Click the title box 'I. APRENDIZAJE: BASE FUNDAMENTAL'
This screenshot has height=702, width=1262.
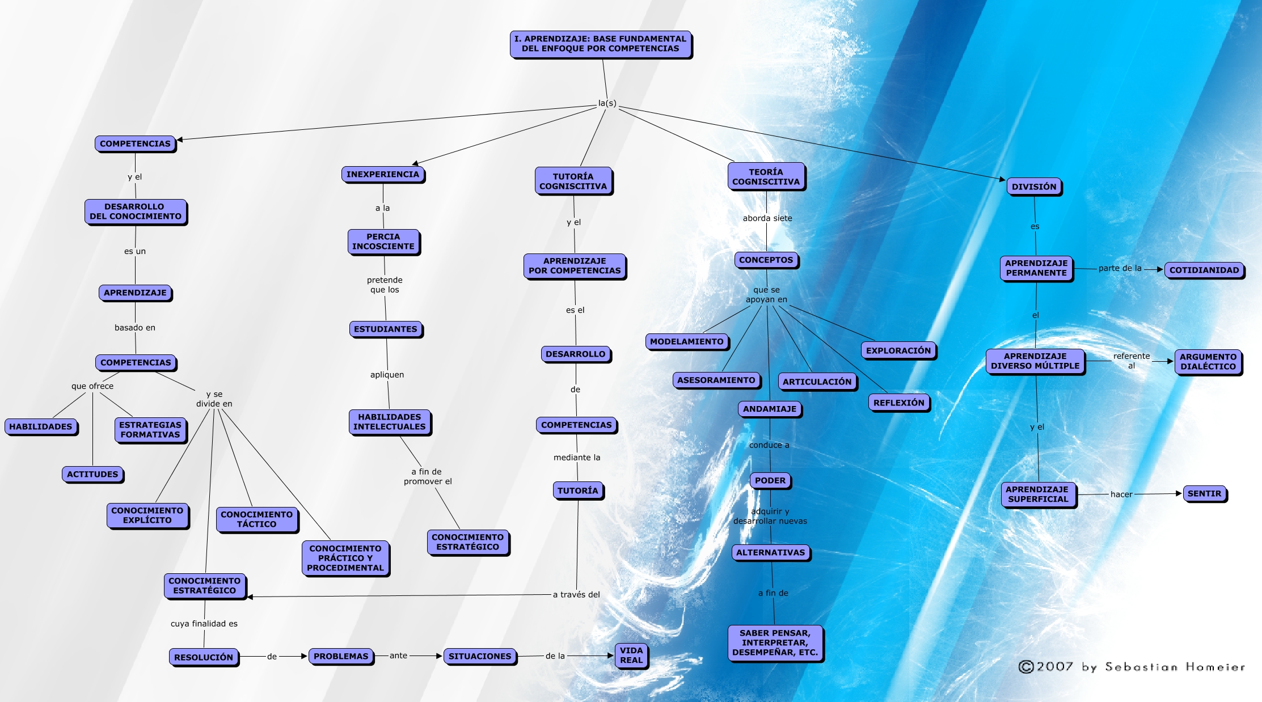[x=600, y=44]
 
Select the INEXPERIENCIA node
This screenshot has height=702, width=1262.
[x=382, y=174]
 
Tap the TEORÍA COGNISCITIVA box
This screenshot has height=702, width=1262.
[x=766, y=176]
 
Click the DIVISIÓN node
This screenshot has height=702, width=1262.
[x=1033, y=187]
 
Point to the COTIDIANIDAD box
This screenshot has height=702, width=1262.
[x=1204, y=270]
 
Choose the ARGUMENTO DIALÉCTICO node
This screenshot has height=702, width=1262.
[x=1208, y=362]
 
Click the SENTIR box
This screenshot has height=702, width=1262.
[x=1204, y=493]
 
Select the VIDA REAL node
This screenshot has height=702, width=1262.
[x=631, y=656]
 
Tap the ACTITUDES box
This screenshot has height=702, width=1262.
[x=92, y=474]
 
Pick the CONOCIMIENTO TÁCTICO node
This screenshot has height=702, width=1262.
[x=256, y=519]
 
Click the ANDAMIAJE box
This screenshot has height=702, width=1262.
[x=769, y=409]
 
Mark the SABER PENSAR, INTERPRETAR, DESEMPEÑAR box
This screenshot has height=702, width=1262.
[x=775, y=642]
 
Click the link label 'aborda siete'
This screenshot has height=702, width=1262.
[x=767, y=218]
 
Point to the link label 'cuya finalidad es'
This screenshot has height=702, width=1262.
[x=204, y=624]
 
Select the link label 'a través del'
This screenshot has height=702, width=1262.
[x=576, y=594]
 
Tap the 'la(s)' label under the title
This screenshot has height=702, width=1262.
[x=607, y=103]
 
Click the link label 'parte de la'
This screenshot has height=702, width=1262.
[x=1120, y=268]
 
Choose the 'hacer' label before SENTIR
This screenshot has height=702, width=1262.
[x=1121, y=494]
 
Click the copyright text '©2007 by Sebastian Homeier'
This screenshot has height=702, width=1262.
[x=1132, y=667]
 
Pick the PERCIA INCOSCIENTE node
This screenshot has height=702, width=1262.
[x=383, y=242]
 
